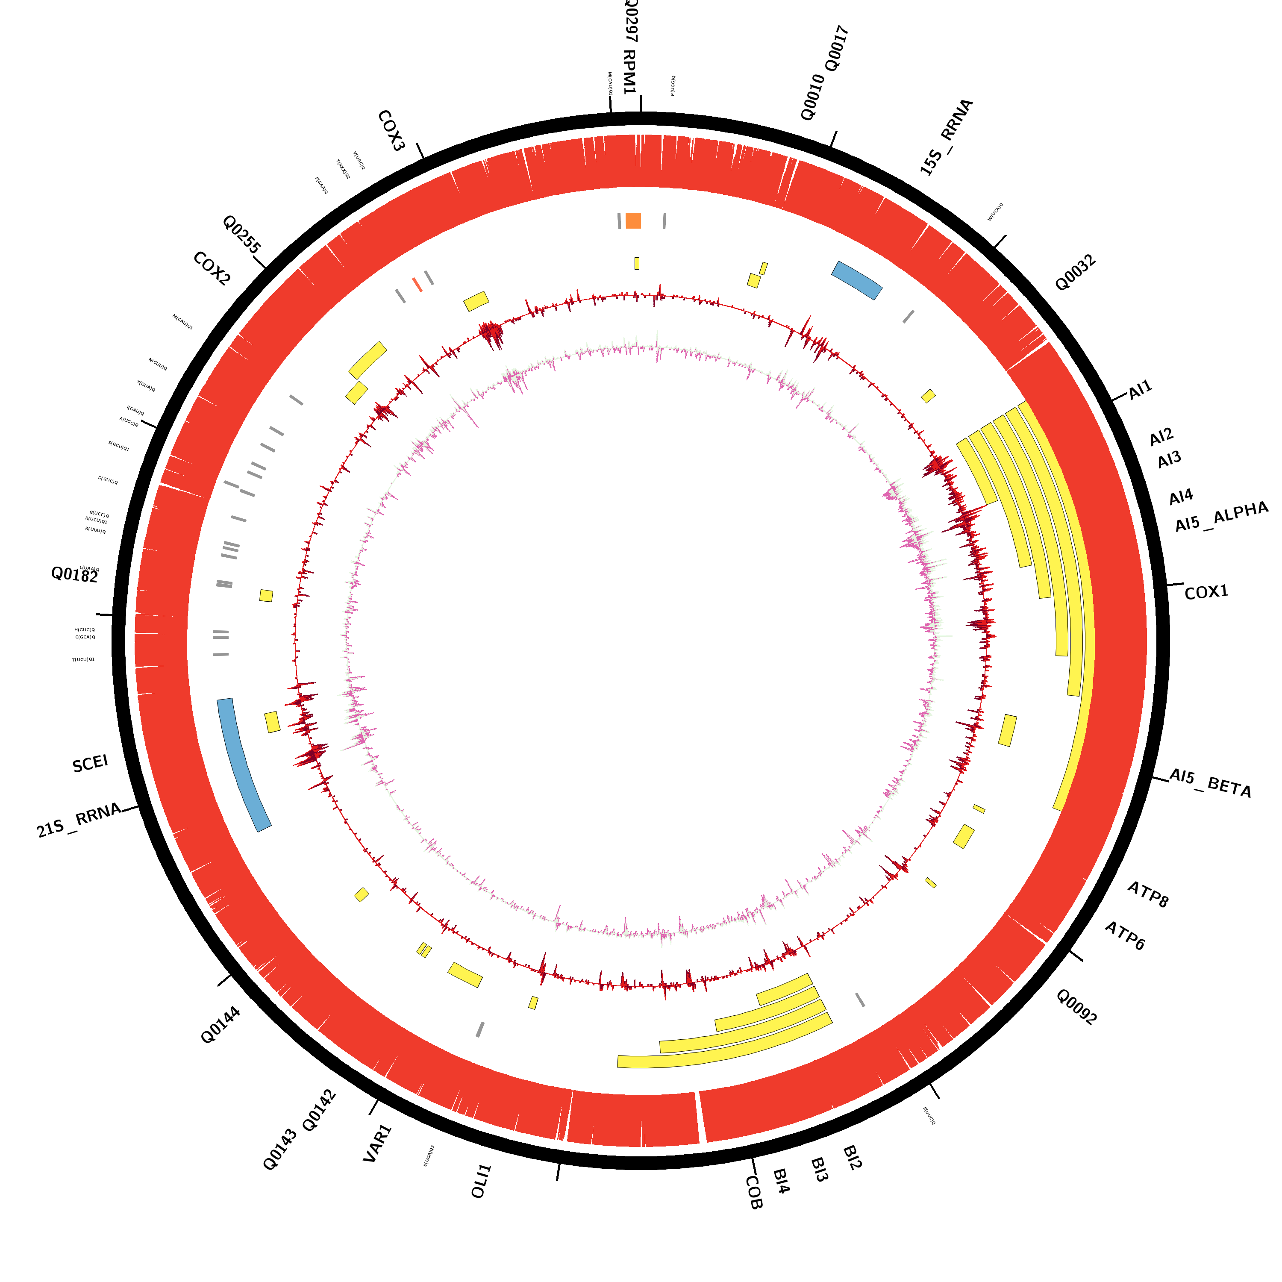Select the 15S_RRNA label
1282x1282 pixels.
(946, 137)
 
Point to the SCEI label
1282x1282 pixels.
(90, 764)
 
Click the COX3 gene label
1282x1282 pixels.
(391, 131)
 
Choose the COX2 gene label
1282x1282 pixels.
(212, 269)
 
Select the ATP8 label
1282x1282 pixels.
(1148, 894)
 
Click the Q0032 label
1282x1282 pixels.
(1075, 273)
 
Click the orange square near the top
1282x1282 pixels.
(633, 221)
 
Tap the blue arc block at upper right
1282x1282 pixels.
(857, 279)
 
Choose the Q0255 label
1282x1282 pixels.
(241, 234)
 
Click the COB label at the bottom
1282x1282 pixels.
(754, 1192)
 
